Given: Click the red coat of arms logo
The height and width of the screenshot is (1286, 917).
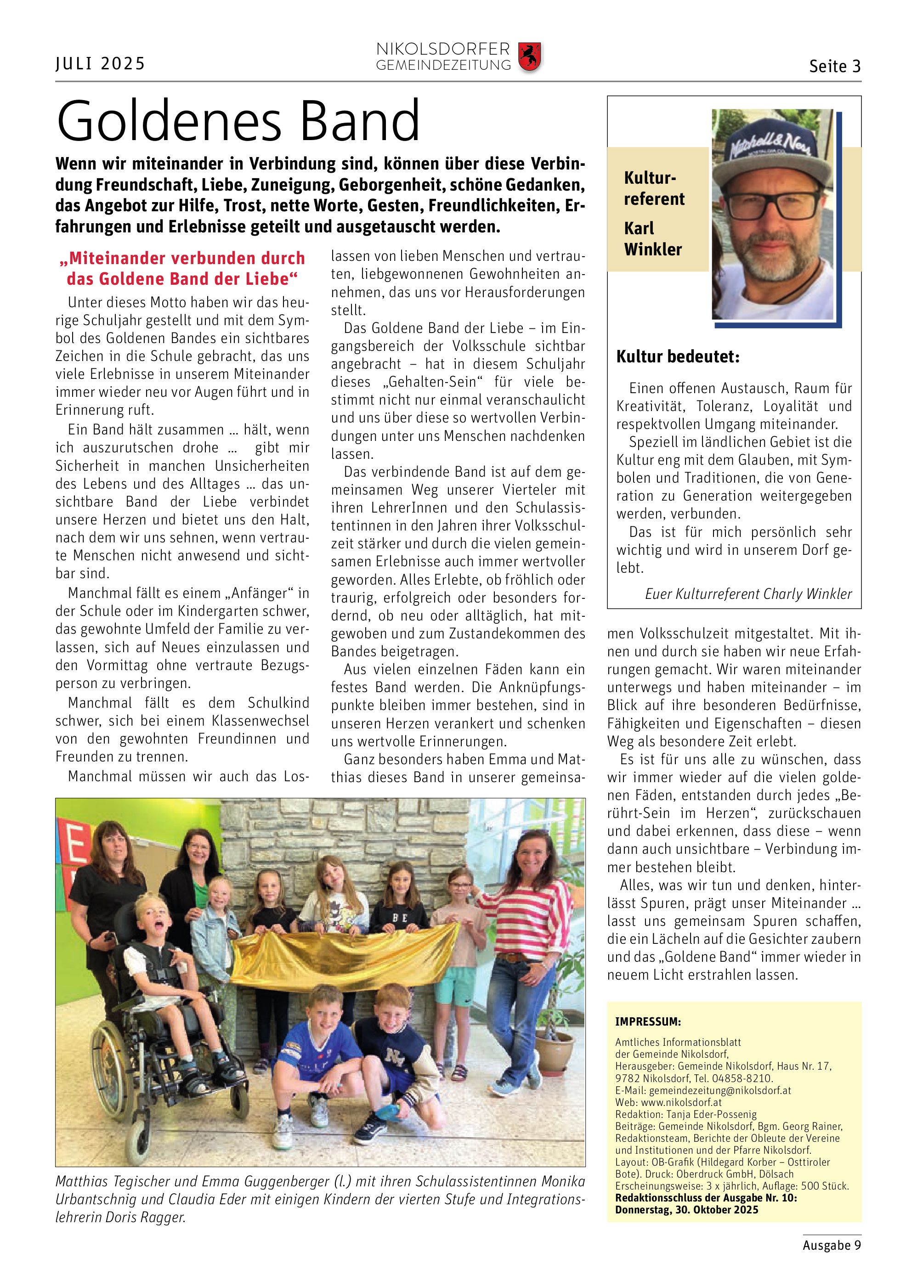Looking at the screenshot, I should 529,56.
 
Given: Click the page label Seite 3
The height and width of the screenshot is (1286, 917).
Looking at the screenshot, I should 835,67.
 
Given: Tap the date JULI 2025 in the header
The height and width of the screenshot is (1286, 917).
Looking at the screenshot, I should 101,64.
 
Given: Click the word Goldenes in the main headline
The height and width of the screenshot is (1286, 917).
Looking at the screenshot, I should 169,121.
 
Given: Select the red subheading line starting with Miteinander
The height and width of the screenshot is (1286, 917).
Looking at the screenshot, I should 182,259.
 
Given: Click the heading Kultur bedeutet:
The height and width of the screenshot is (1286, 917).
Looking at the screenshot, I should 678,357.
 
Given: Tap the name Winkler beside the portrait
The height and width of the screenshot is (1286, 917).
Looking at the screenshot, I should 653,249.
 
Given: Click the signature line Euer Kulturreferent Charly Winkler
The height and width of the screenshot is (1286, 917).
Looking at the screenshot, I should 748,594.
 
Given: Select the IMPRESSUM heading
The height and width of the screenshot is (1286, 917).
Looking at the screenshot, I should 648,1022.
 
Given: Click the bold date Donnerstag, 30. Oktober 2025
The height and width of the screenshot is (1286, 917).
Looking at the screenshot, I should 687,1210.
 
